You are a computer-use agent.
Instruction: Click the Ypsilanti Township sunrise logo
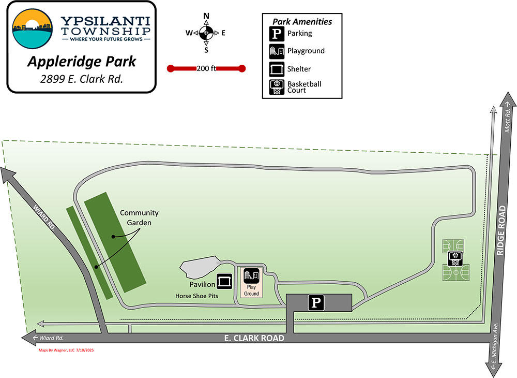pos(32,28)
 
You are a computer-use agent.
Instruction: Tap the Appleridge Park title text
pos(81,62)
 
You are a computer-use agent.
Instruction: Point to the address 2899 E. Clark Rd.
pos(81,80)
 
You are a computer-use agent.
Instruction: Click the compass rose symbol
pos(206,33)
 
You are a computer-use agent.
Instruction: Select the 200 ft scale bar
pos(206,68)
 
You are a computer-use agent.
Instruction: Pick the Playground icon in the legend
pos(277,51)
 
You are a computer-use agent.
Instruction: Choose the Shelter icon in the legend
pos(277,69)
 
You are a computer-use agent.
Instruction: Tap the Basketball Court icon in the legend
pos(277,87)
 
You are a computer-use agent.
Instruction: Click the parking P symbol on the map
pos(316,303)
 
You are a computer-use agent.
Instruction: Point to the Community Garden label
pos(139,217)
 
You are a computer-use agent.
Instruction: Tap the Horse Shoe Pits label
pos(196,296)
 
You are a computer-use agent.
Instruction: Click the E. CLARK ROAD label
pos(254,339)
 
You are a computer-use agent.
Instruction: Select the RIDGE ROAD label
pos(500,230)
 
